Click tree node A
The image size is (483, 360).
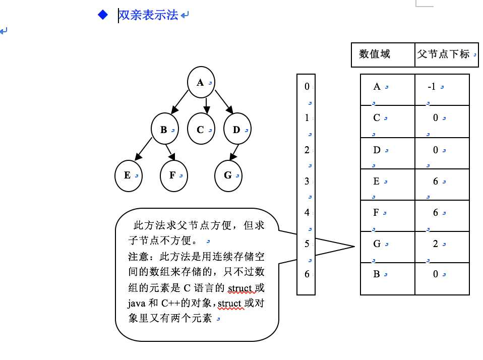point(201,82)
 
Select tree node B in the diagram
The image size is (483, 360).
point(165,130)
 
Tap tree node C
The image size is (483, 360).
point(201,130)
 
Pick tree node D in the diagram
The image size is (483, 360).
point(237,130)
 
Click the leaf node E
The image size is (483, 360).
point(128,175)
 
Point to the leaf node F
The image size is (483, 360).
point(173,175)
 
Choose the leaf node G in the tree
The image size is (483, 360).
point(228,175)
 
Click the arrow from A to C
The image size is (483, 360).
point(207,105)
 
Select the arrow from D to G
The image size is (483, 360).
point(235,152)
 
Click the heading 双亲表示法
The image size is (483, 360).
point(148,15)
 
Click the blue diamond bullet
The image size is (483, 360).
point(103,15)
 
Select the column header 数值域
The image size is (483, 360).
point(375,54)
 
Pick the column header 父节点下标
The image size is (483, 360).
point(444,54)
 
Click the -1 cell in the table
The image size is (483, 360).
point(432,87)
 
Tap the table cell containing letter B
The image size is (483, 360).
point(377,275)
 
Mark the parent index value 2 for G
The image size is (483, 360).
point(436,244)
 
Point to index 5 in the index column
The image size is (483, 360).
point(307,244)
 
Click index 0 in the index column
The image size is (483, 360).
point(307,87)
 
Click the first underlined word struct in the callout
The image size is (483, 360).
point(239,288)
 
